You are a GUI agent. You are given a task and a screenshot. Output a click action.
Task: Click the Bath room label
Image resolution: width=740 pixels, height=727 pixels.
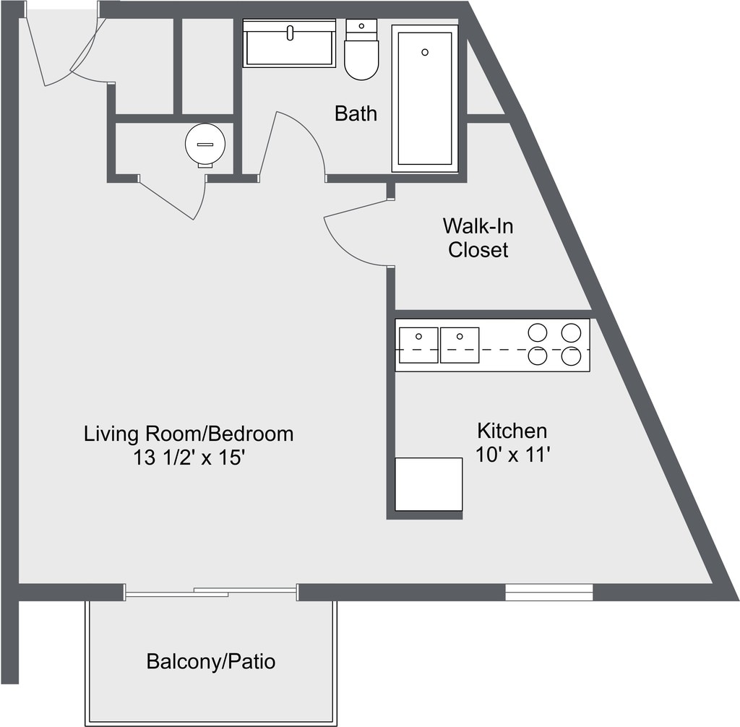pyautogui.click(x=356, y=113)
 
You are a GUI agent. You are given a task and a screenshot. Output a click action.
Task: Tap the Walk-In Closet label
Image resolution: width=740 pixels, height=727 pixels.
pyautogui.click(x=478, y=238)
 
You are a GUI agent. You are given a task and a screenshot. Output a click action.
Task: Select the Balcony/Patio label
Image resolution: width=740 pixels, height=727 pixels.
pyautogui.click(x=211, y=661)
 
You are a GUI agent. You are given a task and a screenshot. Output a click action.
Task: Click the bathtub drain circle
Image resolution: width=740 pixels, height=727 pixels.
pyautogui.click(x=425, y=53)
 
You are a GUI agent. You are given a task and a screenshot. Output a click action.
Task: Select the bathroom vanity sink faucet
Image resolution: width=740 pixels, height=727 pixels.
pyautogui.click(x=290, y=33)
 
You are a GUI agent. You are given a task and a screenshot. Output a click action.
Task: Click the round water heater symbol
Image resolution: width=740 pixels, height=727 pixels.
pyautogui.click(x=205, y=145)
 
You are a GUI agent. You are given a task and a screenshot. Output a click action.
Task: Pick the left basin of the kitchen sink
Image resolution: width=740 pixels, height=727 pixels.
pyautogui.click(x=418, y=345)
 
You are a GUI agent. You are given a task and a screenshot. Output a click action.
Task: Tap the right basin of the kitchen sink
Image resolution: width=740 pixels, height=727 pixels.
pyautogui.click(x=460, y=345)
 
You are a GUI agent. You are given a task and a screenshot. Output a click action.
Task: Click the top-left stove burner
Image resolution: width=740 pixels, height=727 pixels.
pyautogui.click(x=538, y=332)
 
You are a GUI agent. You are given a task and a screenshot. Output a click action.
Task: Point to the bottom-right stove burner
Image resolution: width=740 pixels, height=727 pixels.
pyautogui.click(x=571, y=356)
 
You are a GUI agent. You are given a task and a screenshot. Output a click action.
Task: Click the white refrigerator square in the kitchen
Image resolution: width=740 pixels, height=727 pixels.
pyautogui.click(x=429, y=484)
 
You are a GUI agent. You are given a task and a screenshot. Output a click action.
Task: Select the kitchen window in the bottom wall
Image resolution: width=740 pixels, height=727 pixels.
pyautogui.click(x=549, y=592)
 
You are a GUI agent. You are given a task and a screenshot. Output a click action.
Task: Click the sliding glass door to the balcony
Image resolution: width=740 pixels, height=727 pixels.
pyautogui.click(x=211, y=592)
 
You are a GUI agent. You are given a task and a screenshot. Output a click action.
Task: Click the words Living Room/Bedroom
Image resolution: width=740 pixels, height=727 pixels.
pyautogui.click(x=189, y=434)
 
